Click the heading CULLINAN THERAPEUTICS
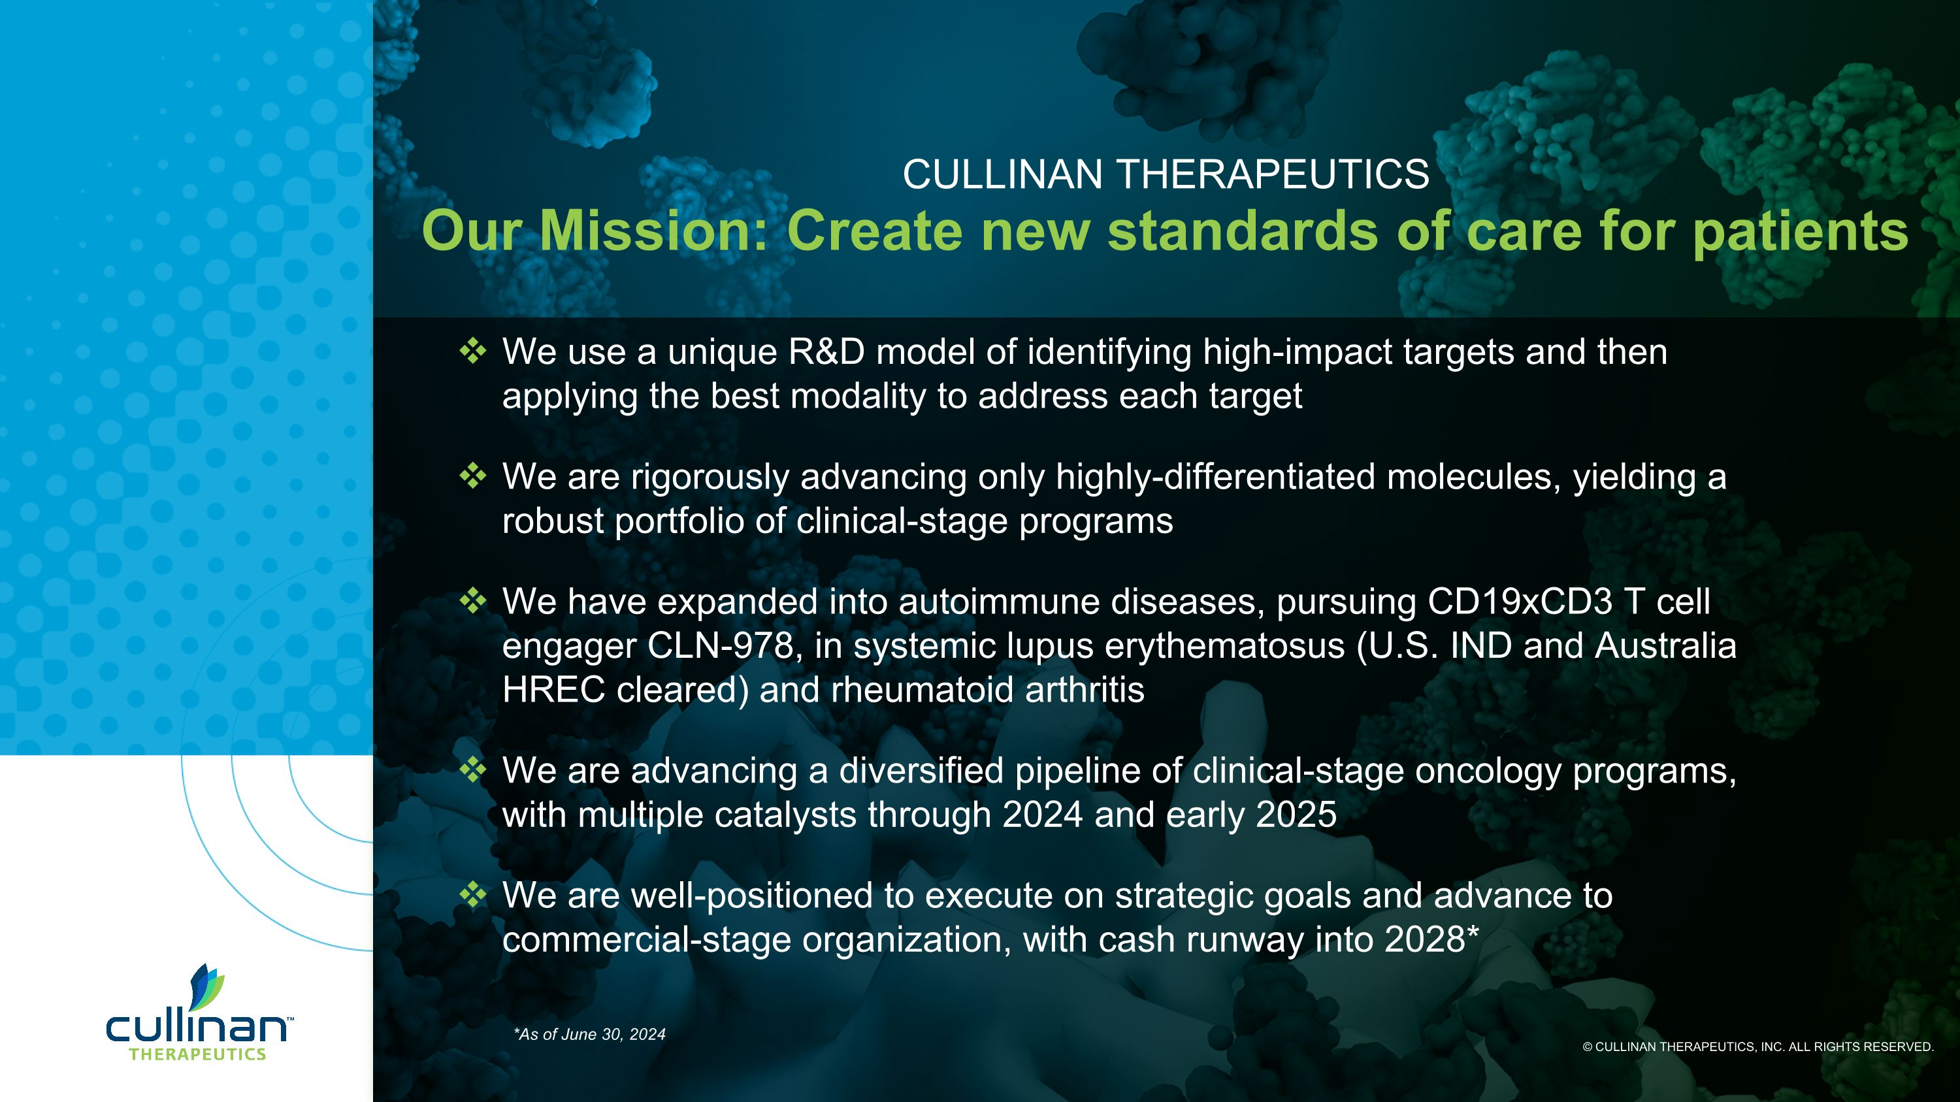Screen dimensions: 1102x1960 pyautogui.click(x=1166, y=174)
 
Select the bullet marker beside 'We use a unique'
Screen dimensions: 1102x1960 pyautogui.click(x=472, y=351)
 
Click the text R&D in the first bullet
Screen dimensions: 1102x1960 pyautogui.click(x=826, y=352)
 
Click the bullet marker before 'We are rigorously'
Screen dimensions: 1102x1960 pyautogui.click(x=472, y=476)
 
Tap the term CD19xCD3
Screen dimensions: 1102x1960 pyautogui.click(x=1520, y=602)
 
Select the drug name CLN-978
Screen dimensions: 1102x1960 pyautogui.click(x=721, y=645)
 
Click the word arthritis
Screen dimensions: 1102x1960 pyautogui.click(x=1085, y=690)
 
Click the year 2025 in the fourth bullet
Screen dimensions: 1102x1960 pyautogui.click(x=1296, y=815)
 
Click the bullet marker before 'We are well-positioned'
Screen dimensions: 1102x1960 pyautogui.click(x=472, y=895)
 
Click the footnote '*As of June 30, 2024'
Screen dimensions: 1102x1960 pyautogui.click(x=590, y=1034)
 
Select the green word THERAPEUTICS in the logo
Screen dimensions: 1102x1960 pyautogui.click(x=197, y=1054)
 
